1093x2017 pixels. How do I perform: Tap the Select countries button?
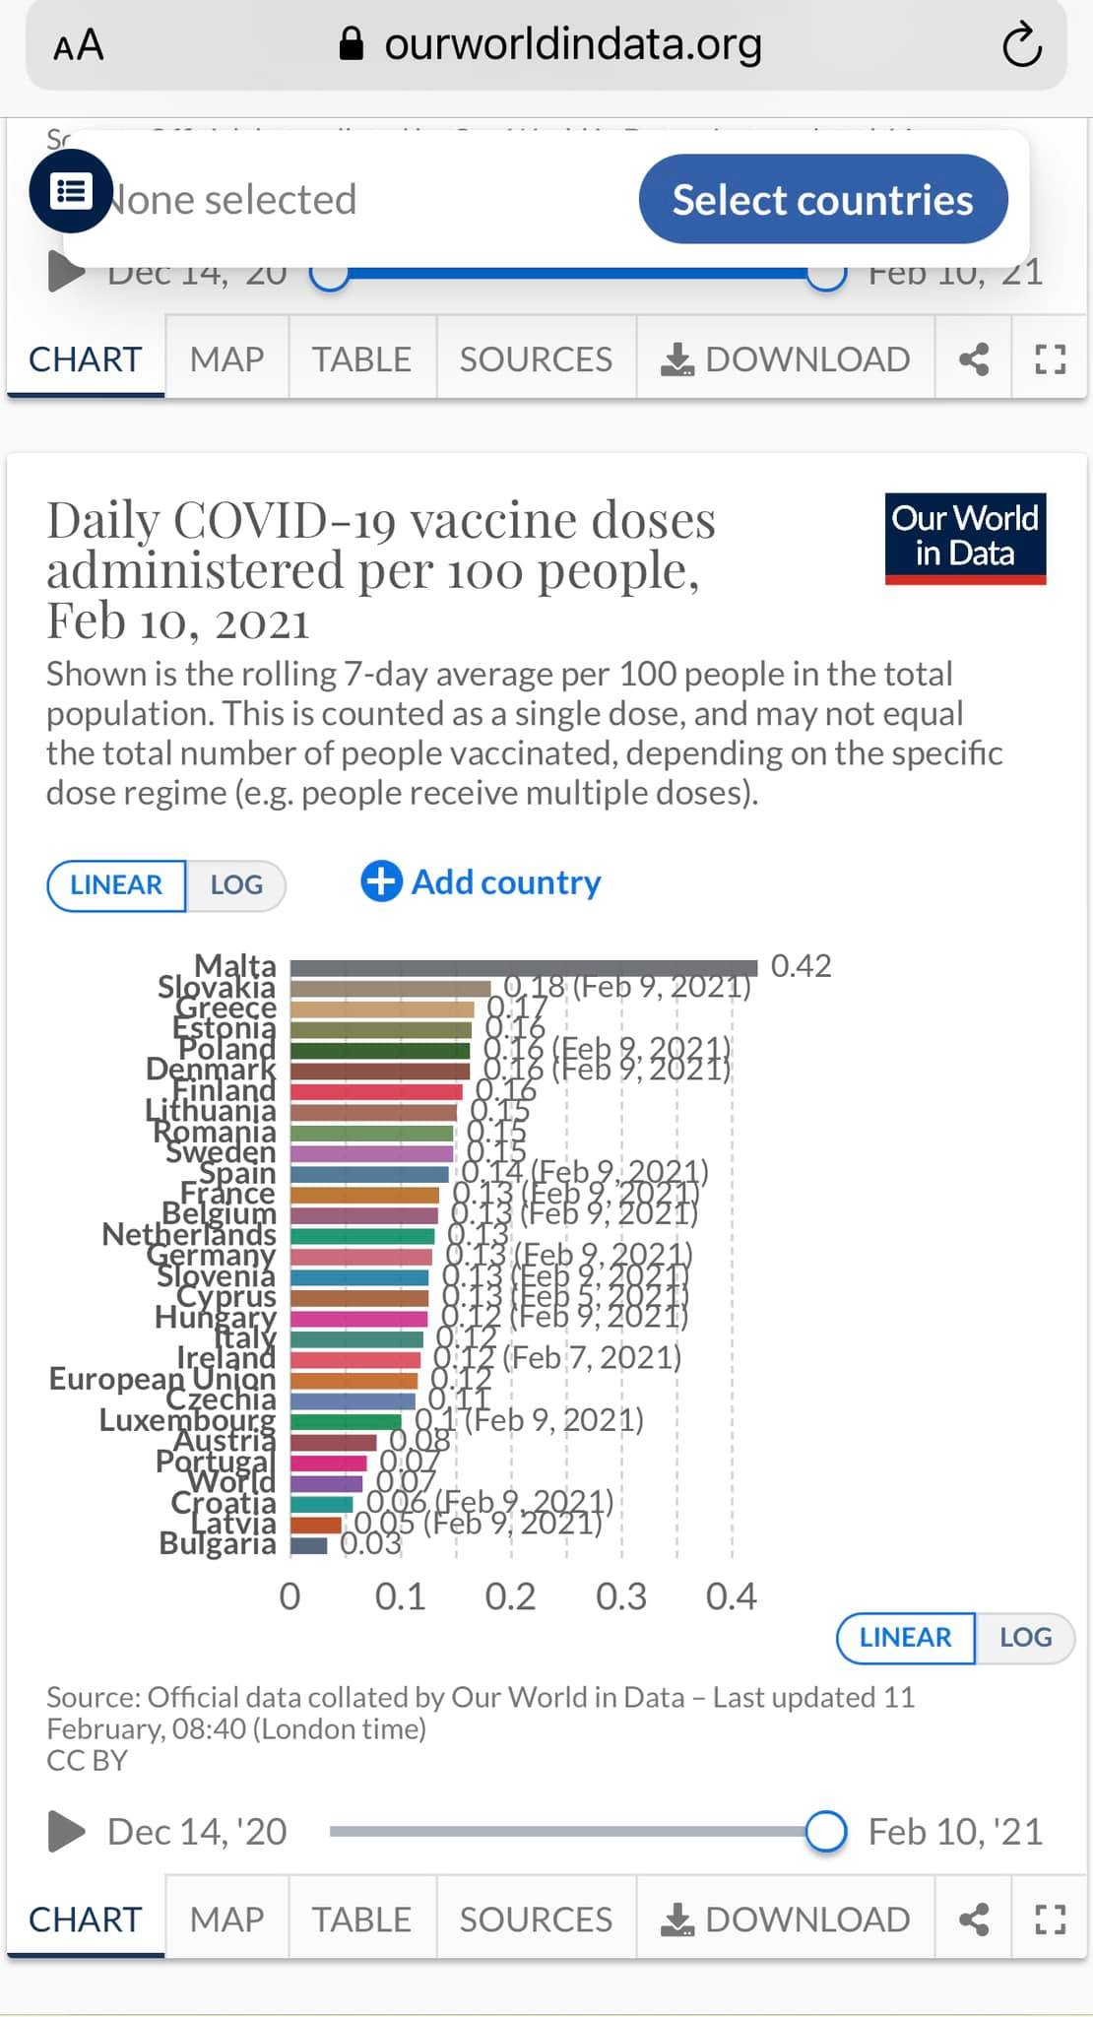pos(822,199)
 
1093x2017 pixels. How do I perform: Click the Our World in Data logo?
pos(965,538)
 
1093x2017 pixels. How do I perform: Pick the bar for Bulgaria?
pos(309,1544)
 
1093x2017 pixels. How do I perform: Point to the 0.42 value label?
pos(801,965)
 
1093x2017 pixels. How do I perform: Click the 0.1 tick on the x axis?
pos(400,1596)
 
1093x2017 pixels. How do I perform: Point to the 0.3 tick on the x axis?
pos(620,1596)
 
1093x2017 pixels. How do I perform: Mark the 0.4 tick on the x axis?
pos(731,1596)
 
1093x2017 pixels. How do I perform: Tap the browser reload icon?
pos(1021,45)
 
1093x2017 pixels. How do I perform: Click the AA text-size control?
pos(78,45)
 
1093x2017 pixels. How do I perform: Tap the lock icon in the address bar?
pos(352,43)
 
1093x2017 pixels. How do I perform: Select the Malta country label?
pos(235,965)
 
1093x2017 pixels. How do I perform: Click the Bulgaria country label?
pos(218,1543)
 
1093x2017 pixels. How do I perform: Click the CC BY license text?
pos(87,1760)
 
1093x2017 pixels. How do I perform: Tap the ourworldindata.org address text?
pos(573,43)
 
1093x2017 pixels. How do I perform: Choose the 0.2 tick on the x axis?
pos(510,1596)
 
